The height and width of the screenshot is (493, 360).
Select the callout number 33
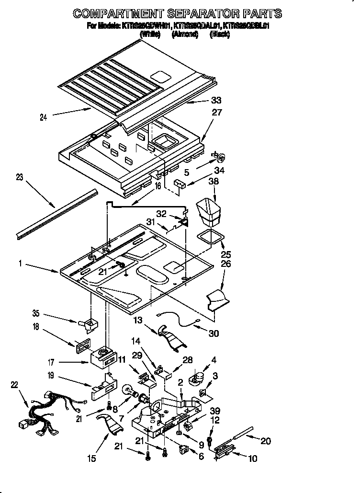[x=216, y=101]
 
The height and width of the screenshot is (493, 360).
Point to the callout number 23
[x=19, y=177]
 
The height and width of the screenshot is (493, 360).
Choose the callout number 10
[x=252, y=459]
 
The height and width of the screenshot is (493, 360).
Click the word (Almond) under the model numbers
[x=185, y=35]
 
